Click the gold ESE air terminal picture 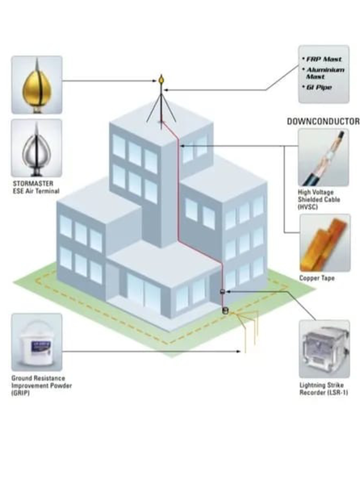point(37,85)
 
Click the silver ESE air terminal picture point(37,148)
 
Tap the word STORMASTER point(33,183)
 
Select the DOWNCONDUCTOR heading point(323,121)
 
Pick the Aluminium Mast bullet point(325,73)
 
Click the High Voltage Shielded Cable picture point(323,157)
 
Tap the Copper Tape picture point(325,243)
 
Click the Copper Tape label point(317,278)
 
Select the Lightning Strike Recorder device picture point(324,349)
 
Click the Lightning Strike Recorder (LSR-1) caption point(323,389)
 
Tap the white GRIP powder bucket point(37,343)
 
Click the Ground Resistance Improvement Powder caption point(41,385)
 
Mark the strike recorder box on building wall point(223,291)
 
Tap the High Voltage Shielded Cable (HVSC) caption point(319,199)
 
